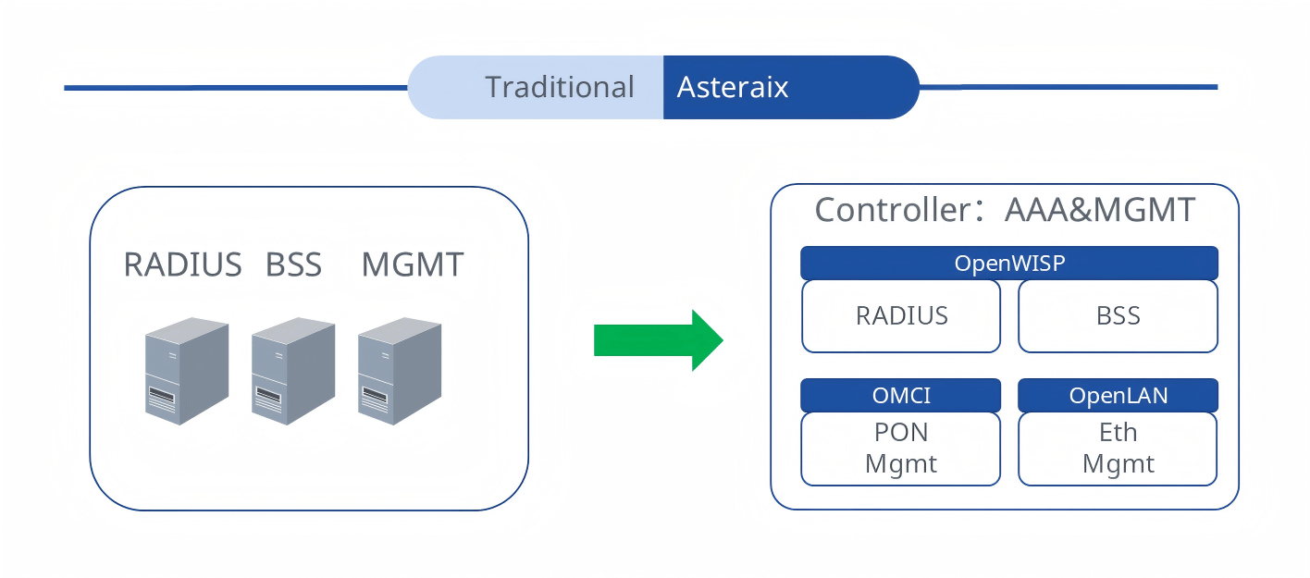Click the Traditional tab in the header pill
(559, 87)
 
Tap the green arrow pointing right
(658, 340)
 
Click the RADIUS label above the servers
(182, 265)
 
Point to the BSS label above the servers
(293, 265)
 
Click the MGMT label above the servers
(412, 265)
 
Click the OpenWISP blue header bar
(1008, 264)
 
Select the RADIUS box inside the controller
(901, 316)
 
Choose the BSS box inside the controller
(1118, 316)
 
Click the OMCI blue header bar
(901, 396)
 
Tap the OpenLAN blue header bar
(1118, 396)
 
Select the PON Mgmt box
(901, 449)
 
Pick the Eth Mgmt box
(1118, 449)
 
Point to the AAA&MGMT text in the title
(1100, 210)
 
